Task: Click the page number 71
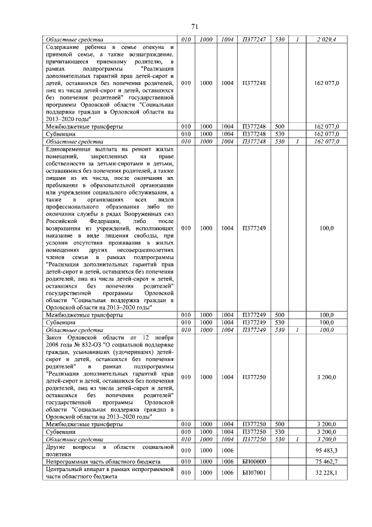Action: [195, 26]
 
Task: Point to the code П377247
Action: [253, 40]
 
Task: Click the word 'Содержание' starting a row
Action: [63, 47]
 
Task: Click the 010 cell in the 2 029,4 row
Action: [186, 40]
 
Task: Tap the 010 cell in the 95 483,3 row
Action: [186, 450]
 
